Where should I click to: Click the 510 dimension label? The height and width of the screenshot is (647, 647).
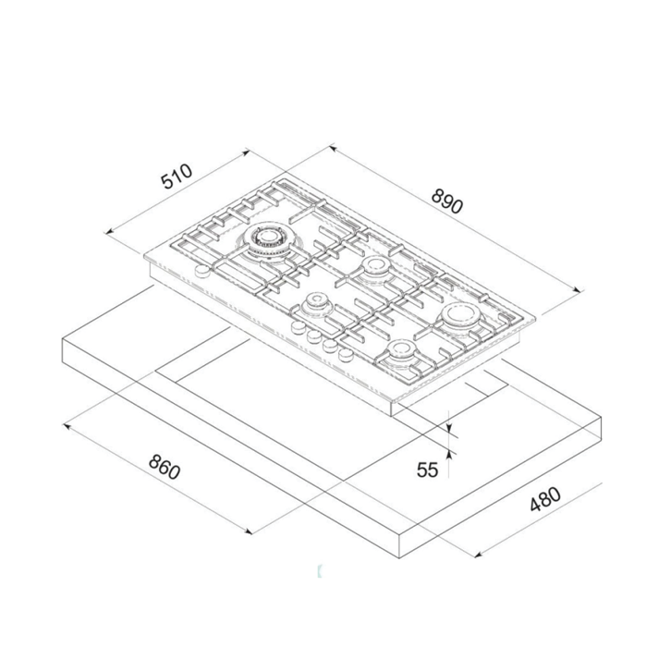pos(175,176)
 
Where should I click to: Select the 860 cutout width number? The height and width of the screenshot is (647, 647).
pos(163,468)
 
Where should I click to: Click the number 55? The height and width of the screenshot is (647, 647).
pos(426,470)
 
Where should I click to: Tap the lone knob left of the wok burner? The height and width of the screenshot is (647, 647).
pos(197,270)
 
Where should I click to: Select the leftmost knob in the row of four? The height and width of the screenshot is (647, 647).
pos(299,326)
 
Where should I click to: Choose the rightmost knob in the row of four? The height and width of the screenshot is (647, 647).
pos(346,354)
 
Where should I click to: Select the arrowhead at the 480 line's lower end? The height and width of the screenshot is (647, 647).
pos(478,555)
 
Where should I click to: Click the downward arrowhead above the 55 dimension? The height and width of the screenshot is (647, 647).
pos(449,428)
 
